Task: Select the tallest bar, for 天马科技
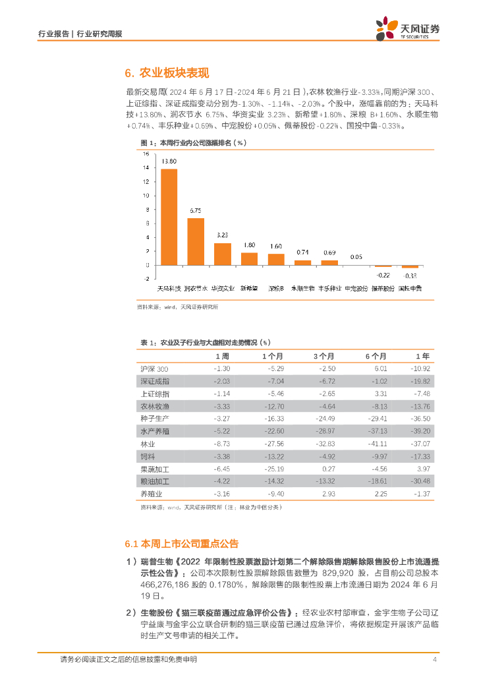(169, 217)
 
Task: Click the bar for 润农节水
(196, 241)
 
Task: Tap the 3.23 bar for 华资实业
(223, 254)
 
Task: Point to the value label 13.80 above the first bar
(169, 161)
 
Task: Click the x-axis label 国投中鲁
(410, 289)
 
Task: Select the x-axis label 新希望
(249, 289)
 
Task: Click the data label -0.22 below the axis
(383, 274)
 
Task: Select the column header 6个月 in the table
(376, 356)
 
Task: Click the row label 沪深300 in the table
(155, 368)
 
